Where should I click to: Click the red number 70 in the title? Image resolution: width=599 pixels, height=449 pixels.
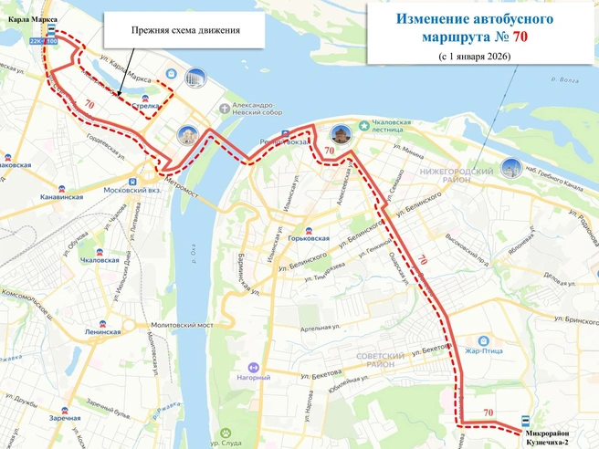pos(519,37)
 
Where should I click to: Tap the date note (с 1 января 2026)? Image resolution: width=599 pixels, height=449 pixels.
pos(474,57)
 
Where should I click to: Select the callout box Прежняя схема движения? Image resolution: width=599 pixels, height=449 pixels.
pos(185,30)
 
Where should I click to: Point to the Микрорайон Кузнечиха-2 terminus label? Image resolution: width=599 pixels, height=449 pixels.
pos(547,437)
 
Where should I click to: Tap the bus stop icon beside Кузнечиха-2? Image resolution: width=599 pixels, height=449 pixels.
pos(525,422)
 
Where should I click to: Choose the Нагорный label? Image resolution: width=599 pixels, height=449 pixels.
pos(253,377)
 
